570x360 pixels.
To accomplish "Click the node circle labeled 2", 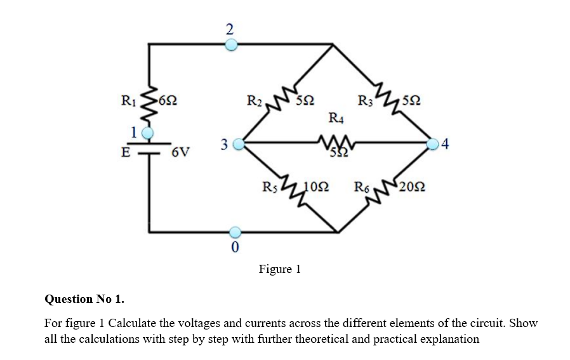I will pyautogui.click(x=232, y=44).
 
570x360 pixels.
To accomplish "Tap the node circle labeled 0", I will pyautogui.click(x=234, y=232).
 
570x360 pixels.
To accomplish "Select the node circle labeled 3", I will pyautogui.click(x=239, y=144).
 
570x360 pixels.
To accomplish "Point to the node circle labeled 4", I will pyautogui.click(x=434, y=144).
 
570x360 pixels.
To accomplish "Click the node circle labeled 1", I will pyautogui.click(x=147, y=133).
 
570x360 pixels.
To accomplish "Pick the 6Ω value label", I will pyautogui.click(x=168, y=100).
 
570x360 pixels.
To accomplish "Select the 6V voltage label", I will pyautogui.click(x=180, y=153).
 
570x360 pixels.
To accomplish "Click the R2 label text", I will pyautogui.click(x=254, y=100).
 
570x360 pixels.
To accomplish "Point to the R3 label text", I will pyautogui.click(x=365, y=100).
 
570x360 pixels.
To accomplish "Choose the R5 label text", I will pyautogui.click(x=269, y=187).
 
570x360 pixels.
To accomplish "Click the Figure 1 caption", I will pyautogui.click(x=279, y=269).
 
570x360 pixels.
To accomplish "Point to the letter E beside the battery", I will pyautogui.click(x=126, y=152).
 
